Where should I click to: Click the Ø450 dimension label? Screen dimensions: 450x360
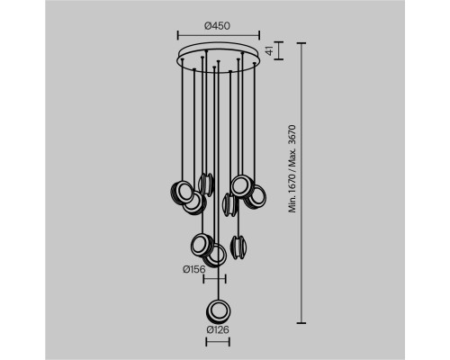tap(218, 26)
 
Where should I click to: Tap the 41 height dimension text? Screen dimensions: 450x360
tap(270, 50)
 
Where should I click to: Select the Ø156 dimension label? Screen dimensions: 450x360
tap(194, 269)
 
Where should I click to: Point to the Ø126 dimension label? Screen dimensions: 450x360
tap(218, 329)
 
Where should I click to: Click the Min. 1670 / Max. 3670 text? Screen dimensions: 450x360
tap(292, 169)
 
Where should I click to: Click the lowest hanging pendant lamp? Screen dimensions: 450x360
tap(219, 311)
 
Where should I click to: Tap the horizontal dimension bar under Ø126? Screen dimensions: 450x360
tap(218, 342)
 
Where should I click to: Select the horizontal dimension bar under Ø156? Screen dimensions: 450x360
tap(214, 279)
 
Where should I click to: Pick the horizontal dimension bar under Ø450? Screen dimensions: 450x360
tap(219, 35)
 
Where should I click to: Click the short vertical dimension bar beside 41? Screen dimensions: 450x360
tap(279, 50)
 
